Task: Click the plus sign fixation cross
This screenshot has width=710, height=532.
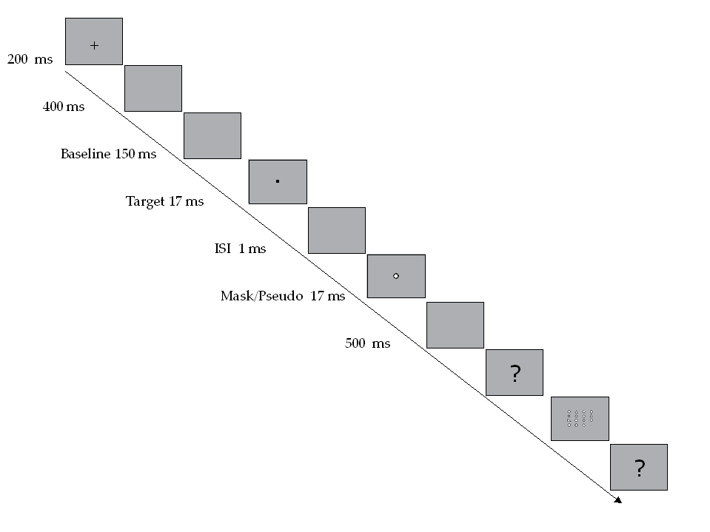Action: (x=94, y=46)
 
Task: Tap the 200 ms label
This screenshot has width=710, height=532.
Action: (x=30, y=59)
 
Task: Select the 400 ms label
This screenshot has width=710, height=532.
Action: (x=64, y=107)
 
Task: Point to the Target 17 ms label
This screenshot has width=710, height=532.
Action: (x=164, y=201)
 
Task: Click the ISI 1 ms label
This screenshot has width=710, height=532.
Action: (x=240, y=249)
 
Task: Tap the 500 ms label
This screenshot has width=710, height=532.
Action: (x=367, y=343)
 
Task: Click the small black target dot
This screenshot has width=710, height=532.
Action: (x=277, y=180)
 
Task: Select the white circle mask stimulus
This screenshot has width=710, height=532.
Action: (x=396, y=276)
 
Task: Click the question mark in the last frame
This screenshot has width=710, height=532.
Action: (x=639, y=468)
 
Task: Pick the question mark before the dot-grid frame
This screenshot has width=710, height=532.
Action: (x=515, y=374)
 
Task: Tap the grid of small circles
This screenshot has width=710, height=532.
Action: (x=580, y=419)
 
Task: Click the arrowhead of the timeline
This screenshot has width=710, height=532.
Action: (x=617, y=500)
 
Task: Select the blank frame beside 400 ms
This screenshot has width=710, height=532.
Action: (x=153, y=88)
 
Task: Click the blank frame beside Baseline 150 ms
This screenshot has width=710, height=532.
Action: (x=212, y=135)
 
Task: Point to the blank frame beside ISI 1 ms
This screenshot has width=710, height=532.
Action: (x=336, y=230)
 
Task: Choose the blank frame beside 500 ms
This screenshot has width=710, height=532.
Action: (x=455, y=325)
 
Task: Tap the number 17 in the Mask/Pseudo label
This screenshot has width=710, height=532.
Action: (x=317, y=296)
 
